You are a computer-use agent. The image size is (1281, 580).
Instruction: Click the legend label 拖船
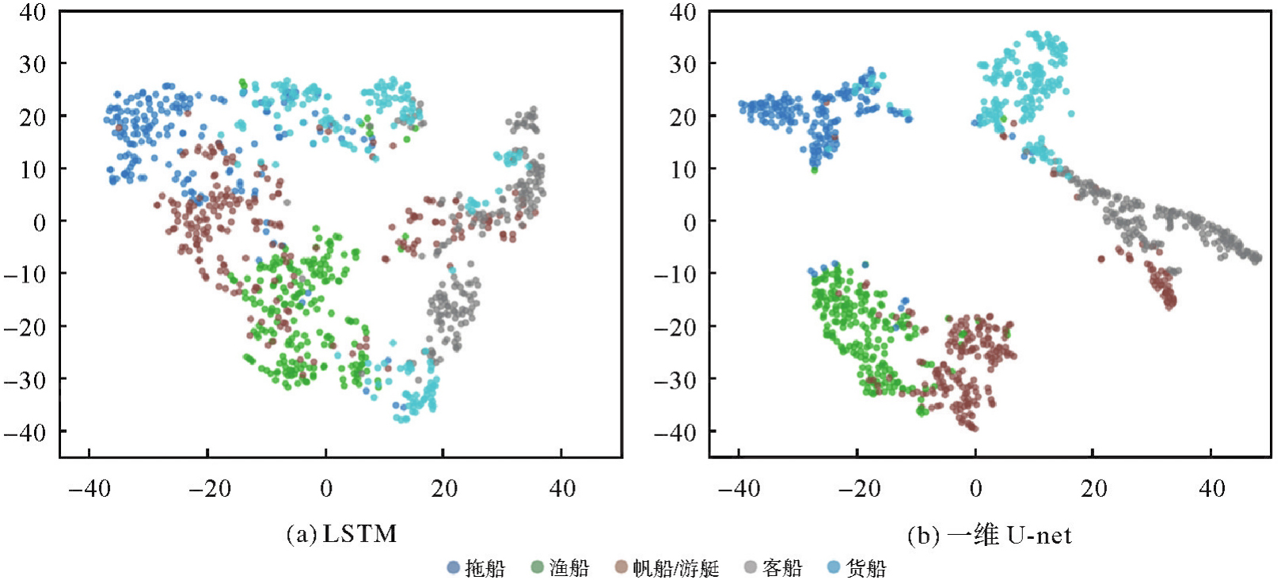485,567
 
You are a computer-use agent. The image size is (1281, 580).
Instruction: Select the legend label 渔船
569,567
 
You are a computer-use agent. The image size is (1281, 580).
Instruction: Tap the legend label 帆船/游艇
676,567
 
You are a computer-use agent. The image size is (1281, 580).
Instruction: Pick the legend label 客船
782,567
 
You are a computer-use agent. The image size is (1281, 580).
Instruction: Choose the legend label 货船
866,567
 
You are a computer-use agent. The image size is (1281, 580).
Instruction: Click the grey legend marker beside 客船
750,567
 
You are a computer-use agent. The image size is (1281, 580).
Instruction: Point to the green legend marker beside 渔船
537,567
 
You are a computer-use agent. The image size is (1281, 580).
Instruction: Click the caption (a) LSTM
341,534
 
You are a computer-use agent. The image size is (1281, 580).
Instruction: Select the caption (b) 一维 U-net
989,536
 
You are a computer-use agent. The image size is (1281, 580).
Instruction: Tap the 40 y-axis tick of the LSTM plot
32,12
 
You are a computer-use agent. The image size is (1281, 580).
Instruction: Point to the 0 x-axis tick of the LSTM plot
326,488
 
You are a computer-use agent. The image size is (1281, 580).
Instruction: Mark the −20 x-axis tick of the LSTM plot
209,488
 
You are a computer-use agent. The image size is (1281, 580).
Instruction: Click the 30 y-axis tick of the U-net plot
683,63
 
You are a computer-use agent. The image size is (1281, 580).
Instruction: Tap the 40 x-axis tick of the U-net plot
1212,488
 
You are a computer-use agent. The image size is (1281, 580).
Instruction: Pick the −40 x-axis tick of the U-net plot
739,488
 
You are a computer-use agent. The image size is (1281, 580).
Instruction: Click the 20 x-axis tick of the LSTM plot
444,488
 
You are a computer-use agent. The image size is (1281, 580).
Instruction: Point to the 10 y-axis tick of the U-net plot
683,169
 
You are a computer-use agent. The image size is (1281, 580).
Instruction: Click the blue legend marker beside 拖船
454,567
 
